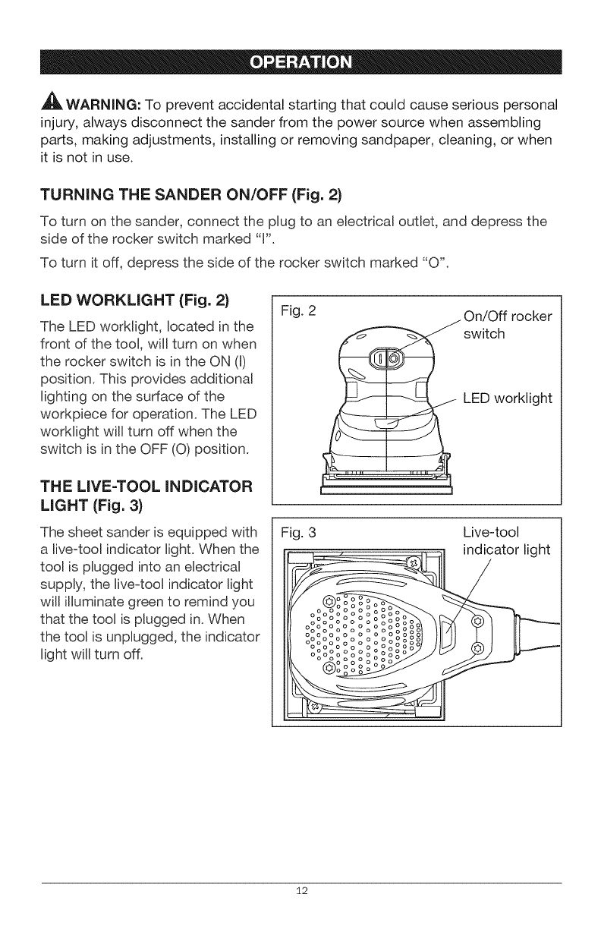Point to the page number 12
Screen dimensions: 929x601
tap(300, 890)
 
